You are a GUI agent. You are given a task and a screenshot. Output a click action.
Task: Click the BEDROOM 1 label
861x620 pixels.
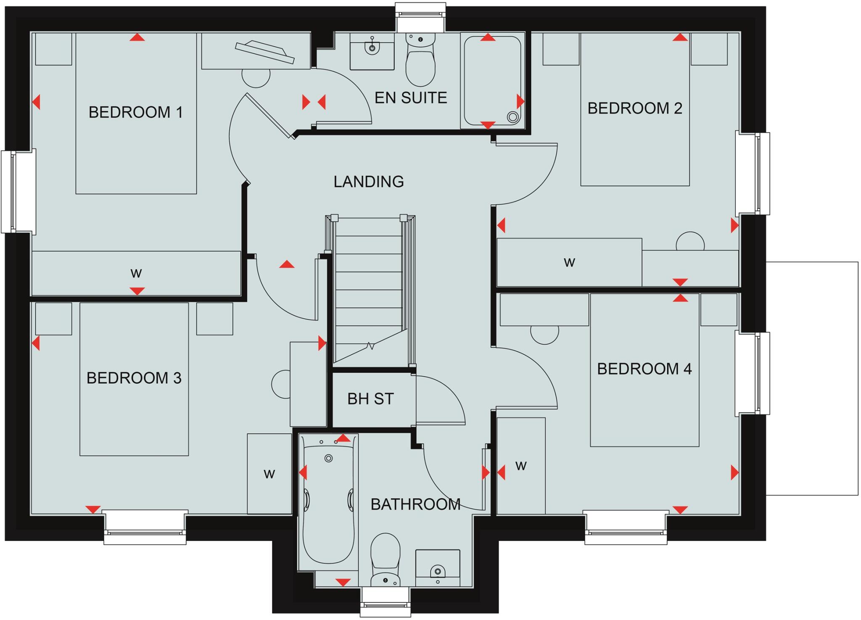pyautogui.click(x=136, y=112)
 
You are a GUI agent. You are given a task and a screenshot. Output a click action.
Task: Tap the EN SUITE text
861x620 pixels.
pyautogui.click(x=411, y=98)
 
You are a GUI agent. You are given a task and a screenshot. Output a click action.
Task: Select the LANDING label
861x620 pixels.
pyautogui.click(x=369, y=182)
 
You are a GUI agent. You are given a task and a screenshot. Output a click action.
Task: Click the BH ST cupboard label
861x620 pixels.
pyautogui.click(x=370, y=399)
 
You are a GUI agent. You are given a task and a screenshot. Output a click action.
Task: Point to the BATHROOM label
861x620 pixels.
pyautogui.click(x=415, y=504)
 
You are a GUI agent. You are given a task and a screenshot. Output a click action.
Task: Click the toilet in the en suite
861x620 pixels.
pyautogui.click(x=420, y=63)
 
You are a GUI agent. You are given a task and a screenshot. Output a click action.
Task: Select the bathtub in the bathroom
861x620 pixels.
pyautogui.click(x=329, y=504)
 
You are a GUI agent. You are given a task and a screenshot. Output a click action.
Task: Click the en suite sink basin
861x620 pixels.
pyautogui.click(x=372, y=48)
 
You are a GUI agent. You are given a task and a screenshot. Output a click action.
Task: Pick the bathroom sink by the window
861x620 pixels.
pyautogui.click(x=438, y=571)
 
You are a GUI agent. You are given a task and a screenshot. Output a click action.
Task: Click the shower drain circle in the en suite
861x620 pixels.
pyautogui.click(x=512, y=117)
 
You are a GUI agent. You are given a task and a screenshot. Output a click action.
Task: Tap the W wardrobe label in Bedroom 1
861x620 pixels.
pyautogui.click(x=136, y=274)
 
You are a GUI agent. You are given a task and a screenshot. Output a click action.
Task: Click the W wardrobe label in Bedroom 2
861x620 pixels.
pyautogui.click(x=569, y=263)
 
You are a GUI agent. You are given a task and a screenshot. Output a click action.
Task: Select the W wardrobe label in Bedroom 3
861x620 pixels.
pyautogui.click(x=269, y=474)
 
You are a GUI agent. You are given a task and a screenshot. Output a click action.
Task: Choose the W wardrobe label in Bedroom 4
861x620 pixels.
pyautogui.click(x=521, y=466)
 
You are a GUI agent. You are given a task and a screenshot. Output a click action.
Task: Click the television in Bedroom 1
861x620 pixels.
pyautogui.click(x=264, y=52)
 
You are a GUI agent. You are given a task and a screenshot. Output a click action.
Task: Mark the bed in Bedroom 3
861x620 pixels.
pyautogui.click(x=134, y=404)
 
